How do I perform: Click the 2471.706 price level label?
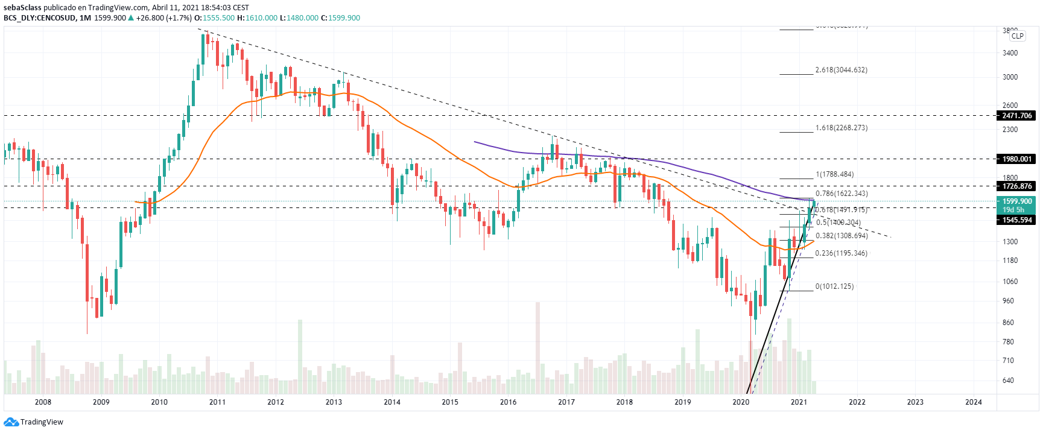(1016, 116)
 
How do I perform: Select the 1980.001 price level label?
(1016, 159)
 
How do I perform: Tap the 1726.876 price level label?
(1016, 186)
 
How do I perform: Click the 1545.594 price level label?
(1016, 220)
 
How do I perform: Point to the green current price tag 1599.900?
(1016, 201)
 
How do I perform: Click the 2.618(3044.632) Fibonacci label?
(841, 70)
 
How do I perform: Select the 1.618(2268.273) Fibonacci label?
(841, 128)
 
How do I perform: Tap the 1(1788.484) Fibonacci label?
(834, 174)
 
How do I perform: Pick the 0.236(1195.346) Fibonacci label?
(841, 253)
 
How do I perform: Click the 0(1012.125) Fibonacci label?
(834, 286)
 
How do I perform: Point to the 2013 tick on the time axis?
(334, 402)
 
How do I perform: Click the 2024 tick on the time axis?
(973, 402)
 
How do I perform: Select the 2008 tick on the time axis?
(43, 402)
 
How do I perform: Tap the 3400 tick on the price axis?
(1010, 53)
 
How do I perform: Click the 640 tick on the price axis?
(1008, 381)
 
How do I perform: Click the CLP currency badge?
(1018, 36)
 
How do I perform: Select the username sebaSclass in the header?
(22, 8)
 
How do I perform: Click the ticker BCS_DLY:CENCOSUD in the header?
(40, 18)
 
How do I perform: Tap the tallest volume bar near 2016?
(537, 348)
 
